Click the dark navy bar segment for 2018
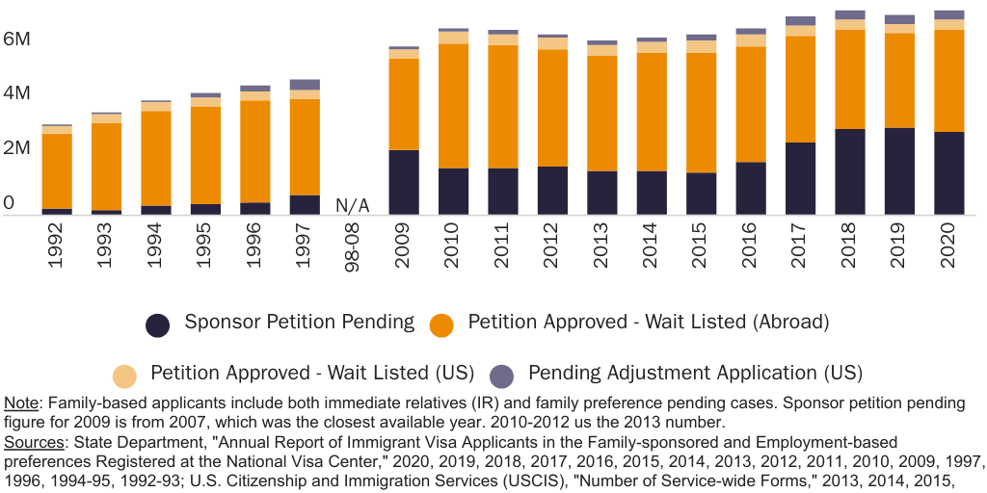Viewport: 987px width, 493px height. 849,171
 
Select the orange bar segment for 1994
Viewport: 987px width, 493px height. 155,159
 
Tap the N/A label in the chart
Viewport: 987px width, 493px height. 352,205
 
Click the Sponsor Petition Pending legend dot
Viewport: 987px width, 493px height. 159,324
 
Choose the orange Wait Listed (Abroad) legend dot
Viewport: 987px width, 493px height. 442,324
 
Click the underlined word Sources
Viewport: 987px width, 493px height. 33,442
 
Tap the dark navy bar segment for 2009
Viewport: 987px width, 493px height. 403,182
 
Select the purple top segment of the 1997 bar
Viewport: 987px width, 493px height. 305,85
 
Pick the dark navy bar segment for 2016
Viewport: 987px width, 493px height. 750,188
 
